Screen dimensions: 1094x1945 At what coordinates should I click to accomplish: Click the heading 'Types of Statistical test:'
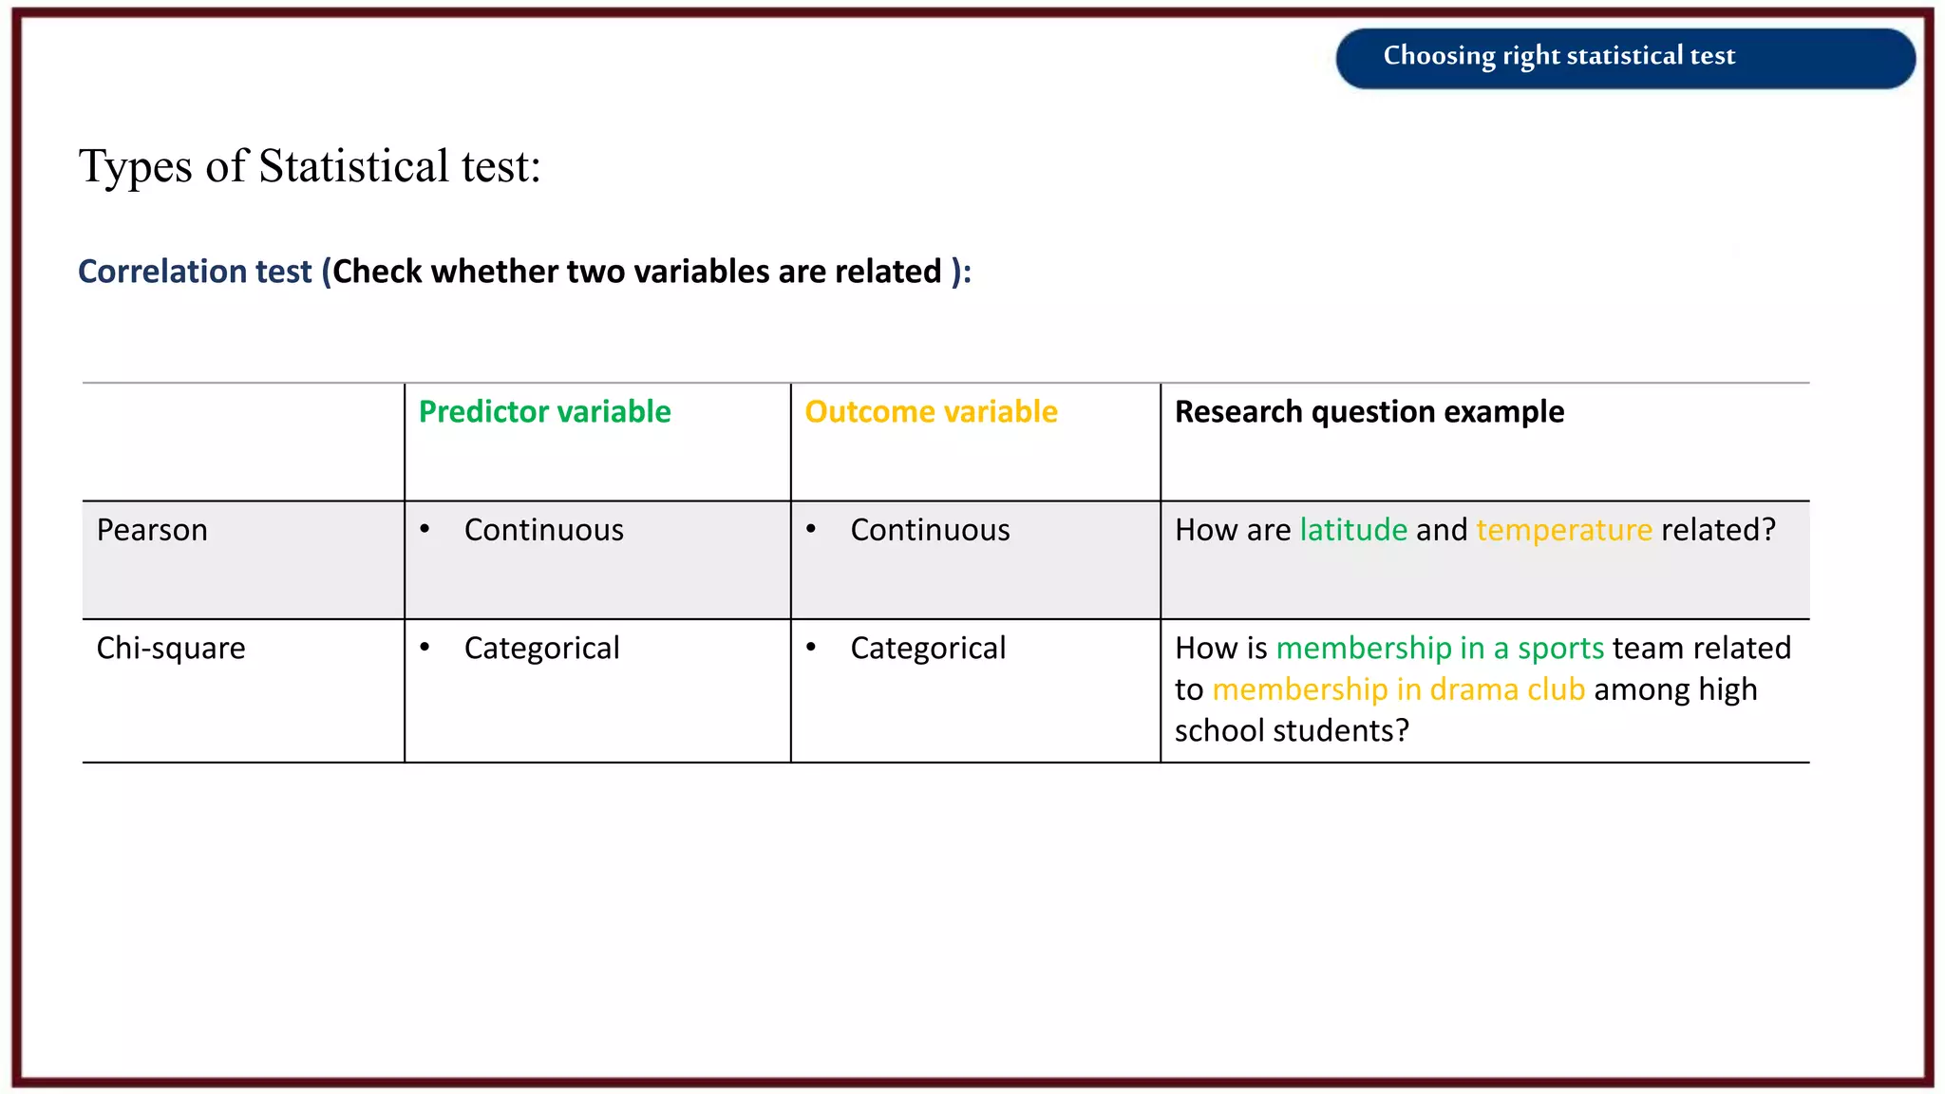point(310,166)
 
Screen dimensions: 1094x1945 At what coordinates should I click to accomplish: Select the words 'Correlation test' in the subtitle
point(195,272)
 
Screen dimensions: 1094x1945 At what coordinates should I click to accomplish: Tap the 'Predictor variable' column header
point(544,412)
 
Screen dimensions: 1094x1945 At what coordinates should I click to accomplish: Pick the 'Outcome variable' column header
point(931,412)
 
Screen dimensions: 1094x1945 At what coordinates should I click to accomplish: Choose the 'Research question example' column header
point(1369,412)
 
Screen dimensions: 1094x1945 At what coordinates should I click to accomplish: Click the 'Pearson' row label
point(152,530)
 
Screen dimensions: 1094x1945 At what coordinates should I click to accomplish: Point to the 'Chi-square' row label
point(171,649)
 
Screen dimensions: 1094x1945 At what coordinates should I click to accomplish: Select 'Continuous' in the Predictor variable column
point(543,530)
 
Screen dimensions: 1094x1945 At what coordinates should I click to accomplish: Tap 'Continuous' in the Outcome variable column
point(930,530)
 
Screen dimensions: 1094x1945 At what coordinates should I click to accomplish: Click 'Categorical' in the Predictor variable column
point(541,649)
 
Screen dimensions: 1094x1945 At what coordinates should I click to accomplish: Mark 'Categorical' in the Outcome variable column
point(928,649)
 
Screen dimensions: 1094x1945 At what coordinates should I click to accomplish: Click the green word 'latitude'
point(1353,530)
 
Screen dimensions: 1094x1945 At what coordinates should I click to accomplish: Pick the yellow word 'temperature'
point(1564,530)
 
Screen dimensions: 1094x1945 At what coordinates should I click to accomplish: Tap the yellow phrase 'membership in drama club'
point(1399,689)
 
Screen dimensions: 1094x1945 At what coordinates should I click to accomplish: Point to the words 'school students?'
point(1292,731)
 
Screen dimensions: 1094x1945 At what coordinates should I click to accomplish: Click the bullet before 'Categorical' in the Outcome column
point(811,647)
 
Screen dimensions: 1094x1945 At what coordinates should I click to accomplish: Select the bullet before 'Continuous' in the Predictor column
point(425,528)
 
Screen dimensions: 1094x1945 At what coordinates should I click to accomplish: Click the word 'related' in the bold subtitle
point(887,272)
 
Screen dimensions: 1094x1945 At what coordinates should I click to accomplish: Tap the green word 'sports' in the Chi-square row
point(1560,649)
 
